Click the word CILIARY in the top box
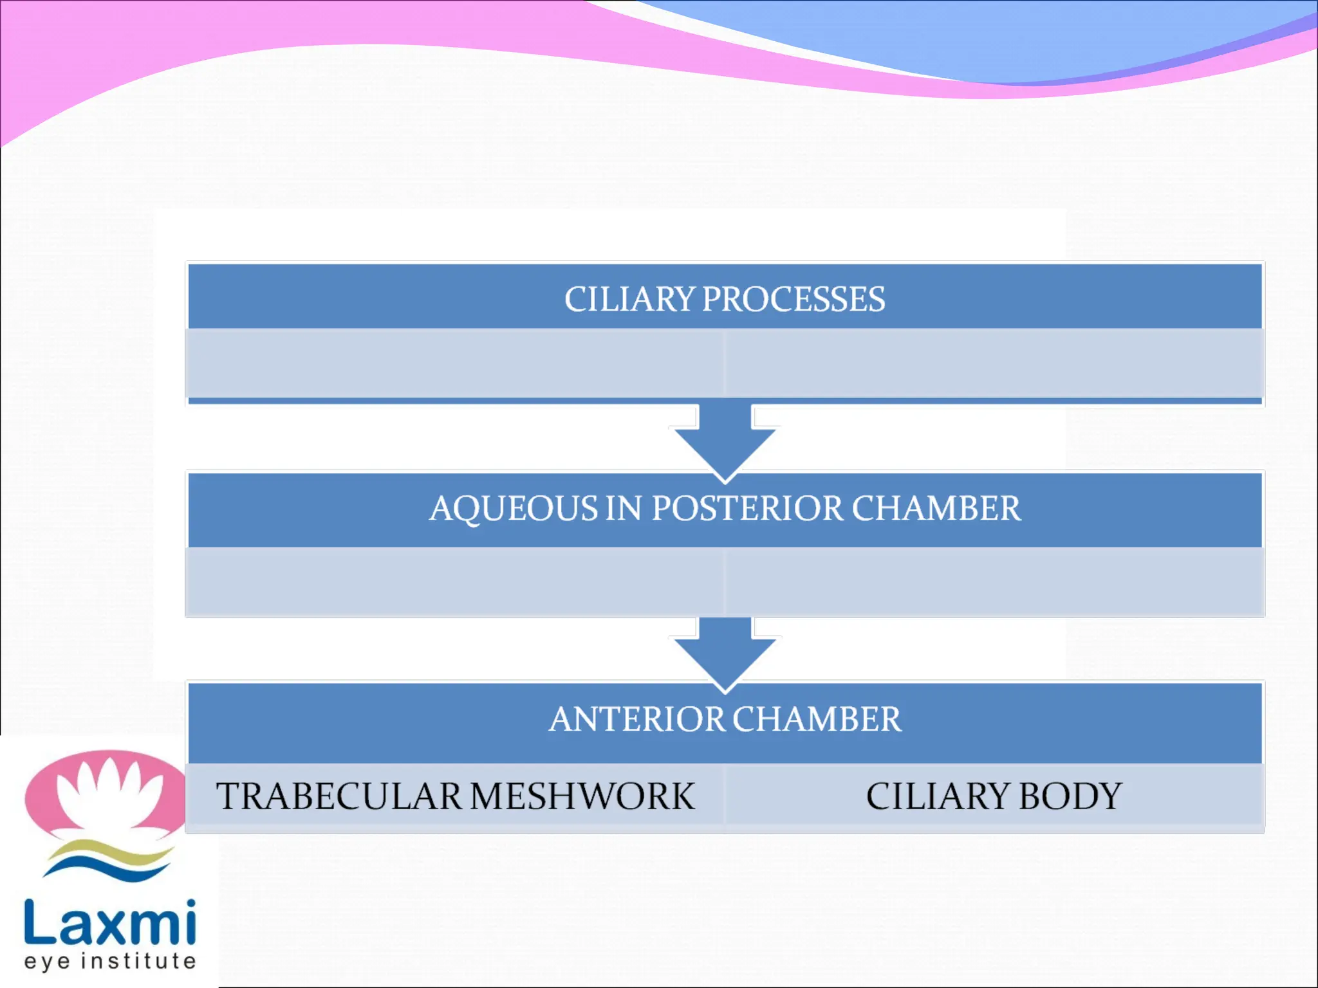(629, 300)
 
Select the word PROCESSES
(794, 300)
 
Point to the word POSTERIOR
(747, 509)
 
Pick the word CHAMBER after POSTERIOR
(936, 509)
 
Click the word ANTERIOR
(636, 719)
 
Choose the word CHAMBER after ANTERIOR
(817, 719)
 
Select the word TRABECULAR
(339, 796)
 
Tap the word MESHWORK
(582, 796)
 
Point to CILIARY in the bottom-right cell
(938, 796)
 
